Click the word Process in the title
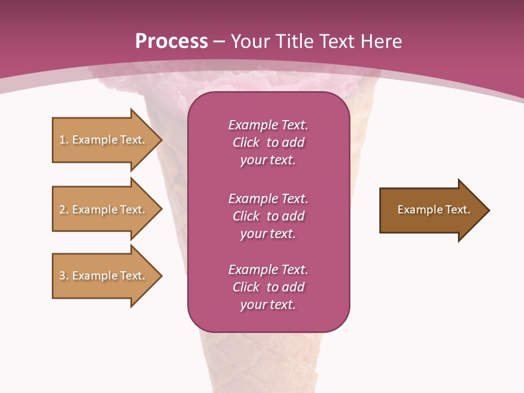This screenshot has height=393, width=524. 171,41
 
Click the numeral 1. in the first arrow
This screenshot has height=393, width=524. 64,140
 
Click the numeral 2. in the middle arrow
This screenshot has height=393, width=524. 64,210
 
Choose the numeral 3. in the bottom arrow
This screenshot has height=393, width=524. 64,276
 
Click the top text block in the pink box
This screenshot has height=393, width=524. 268,142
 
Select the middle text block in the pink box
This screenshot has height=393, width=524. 268,216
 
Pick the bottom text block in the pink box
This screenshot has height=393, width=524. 268,287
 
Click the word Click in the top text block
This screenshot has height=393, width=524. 246,142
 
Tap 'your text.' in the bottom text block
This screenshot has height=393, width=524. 268,305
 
